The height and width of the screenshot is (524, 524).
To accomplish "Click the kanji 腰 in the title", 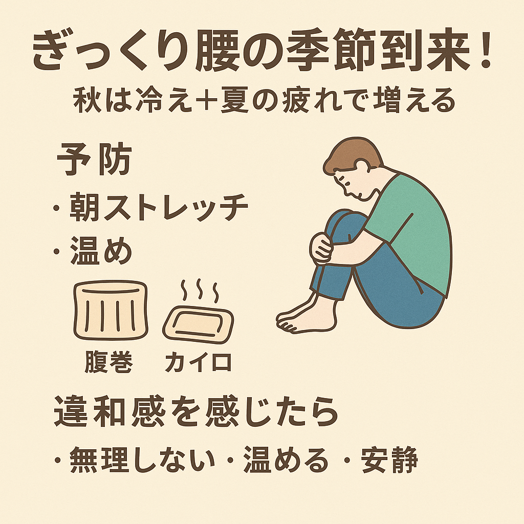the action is point(216,51).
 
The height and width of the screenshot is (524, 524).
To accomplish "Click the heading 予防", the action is point(95,159).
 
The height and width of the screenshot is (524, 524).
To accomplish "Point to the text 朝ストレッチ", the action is point(159,207).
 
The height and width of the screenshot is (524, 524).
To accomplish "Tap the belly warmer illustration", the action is point(111,311).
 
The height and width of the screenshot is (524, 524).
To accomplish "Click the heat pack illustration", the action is point(198,324).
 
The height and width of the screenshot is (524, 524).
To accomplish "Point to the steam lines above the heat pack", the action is point(200,290).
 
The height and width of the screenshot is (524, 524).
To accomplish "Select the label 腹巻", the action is point(108,362).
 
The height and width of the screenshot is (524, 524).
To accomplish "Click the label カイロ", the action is point(199,362).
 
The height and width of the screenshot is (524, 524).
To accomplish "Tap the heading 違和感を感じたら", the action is point(196,412).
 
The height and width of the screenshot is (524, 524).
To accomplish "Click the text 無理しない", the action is point(142,460).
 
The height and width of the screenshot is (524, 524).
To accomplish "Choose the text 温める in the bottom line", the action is point(286,460).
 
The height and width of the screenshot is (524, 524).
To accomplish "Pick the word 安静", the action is point(389,460).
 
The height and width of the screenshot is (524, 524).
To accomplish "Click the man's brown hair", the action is point(351,152).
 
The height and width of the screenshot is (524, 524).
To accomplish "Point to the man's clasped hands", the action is point(321,248).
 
